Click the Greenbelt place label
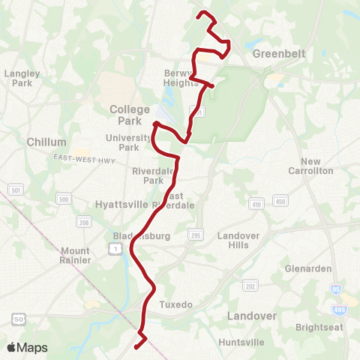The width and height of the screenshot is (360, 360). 276,53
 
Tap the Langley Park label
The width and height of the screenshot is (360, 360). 21,78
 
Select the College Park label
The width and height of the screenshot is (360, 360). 130,114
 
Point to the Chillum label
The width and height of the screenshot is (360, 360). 46,142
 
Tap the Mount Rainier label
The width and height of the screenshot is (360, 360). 76,256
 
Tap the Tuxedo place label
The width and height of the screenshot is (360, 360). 176,304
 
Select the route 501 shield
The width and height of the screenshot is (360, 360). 16,191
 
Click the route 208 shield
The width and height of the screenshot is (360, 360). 84,222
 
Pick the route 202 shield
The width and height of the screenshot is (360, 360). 250,286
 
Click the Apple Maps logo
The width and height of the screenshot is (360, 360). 26,347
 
